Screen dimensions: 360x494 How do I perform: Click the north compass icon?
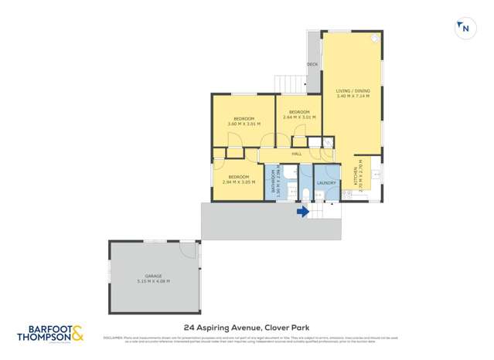click(x=463, y=29)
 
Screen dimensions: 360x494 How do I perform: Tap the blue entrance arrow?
click(x=303, y=210)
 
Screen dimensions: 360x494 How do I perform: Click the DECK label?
click(x=312, y=64)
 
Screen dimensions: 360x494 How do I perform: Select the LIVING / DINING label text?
click(x=353, y=90)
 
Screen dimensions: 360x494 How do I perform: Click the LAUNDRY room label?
click(x=326, y=183)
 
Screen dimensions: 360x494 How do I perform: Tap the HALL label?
click(x=296, y=155)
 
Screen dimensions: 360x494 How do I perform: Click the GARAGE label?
click(x=153, y=276)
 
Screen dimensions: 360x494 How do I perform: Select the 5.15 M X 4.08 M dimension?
click(x=153, y=281)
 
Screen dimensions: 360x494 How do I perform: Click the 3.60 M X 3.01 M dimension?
click(x=244, y=124)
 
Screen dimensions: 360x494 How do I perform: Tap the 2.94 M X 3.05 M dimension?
click(x=238, y=182)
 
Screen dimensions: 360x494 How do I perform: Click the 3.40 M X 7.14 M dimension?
click(x=353, y=96)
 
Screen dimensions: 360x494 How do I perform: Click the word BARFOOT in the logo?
click(x=43, y=328)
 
